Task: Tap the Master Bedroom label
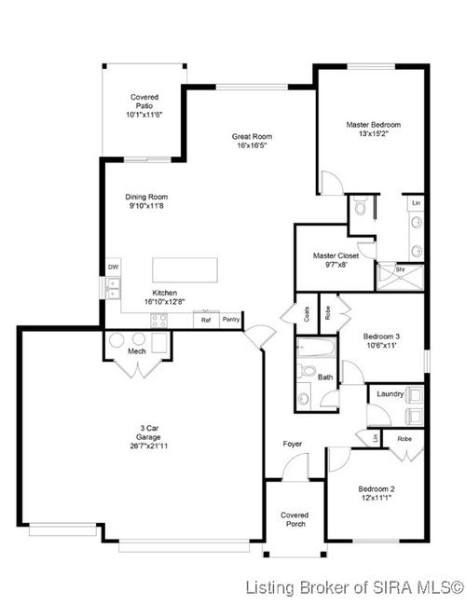(373, 124)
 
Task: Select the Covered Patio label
(144, 97)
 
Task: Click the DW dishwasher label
(113, 268)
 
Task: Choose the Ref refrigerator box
(206, 320)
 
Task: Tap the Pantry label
(231, 320)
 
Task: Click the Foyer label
(293, 444)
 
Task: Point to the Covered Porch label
(295, 520)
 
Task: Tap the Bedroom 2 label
(378, 488)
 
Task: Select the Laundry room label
(390, 394)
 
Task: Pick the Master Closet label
(336, 255)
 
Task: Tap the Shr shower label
(400, 269)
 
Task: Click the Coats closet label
(307, 313)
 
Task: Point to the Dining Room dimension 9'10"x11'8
(146, 206)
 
